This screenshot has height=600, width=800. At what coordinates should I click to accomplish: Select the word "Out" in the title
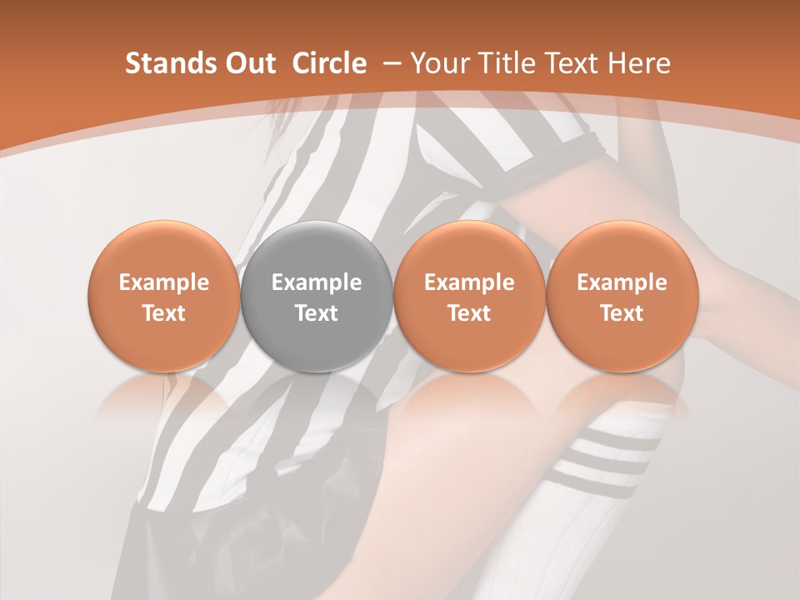(x=247, y=63)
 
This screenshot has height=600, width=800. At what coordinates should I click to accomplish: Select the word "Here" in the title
(x=639, y=63)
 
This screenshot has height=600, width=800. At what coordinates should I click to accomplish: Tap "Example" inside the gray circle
(x=317, y=282)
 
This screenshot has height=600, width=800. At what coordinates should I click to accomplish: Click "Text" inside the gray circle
(x=317, y=313)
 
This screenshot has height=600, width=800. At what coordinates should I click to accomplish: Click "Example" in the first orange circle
(x=164, y=282)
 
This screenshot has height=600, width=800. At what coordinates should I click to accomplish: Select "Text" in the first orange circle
(x=164, y=313)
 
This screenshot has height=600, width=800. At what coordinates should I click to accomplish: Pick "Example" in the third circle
(x=469, y=282)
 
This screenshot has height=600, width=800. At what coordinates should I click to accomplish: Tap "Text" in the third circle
(x=469, y=313)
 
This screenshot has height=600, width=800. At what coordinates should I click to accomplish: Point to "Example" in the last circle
(x=622, y=282)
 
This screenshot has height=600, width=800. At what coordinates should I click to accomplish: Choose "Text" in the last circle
(x=622, y=313)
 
